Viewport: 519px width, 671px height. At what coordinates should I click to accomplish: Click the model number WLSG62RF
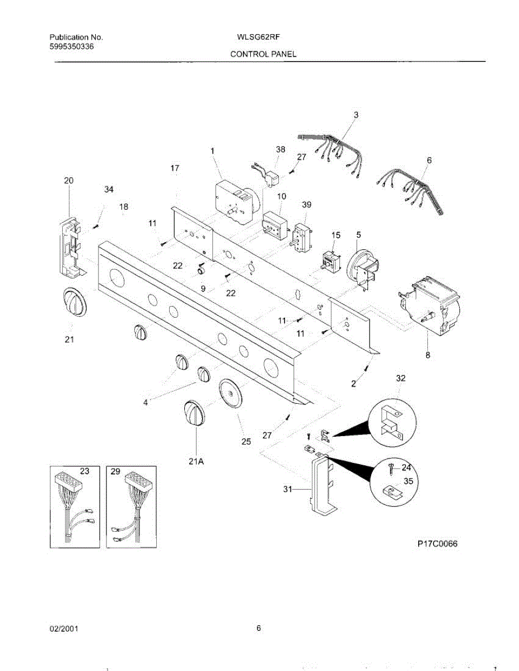click(x=259, y=38)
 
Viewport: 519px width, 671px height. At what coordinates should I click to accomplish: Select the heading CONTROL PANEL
click(x=263, y=54)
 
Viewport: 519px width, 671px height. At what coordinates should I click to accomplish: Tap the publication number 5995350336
click(x=68, y=47)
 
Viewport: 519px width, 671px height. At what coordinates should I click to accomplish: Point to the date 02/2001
click(x=64, y=629)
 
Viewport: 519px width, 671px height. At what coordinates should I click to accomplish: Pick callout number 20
click(x=68, y=181)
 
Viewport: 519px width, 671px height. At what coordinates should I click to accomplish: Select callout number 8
click(x=428, y=353)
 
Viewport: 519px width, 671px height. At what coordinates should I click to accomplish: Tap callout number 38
click(x=280, y=149)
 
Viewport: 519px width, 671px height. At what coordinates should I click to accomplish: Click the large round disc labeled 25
click(x=230, y=395)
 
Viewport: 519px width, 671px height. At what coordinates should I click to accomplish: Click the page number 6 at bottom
click(x=259, y=628)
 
